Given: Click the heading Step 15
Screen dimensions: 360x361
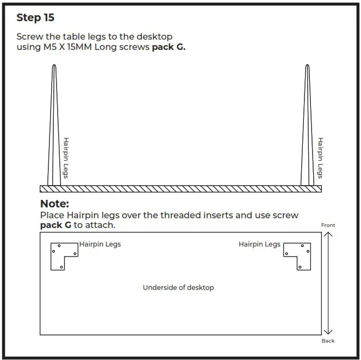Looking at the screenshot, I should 35,17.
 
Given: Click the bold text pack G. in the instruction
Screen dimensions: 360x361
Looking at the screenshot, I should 168,47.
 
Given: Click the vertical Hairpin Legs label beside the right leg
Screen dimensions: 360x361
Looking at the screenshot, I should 320,157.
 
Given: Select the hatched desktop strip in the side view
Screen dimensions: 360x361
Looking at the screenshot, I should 180,188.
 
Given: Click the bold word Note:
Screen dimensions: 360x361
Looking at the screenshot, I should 54,204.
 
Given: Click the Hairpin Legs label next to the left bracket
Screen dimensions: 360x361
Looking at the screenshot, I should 100,244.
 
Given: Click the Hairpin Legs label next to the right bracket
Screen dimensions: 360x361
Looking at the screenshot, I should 259,244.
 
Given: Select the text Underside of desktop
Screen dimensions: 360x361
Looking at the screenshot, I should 178,287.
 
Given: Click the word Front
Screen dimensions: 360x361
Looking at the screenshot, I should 328,225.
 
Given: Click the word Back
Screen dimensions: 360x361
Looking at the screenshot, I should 328,340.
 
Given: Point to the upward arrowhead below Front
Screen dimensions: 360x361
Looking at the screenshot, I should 328,235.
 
